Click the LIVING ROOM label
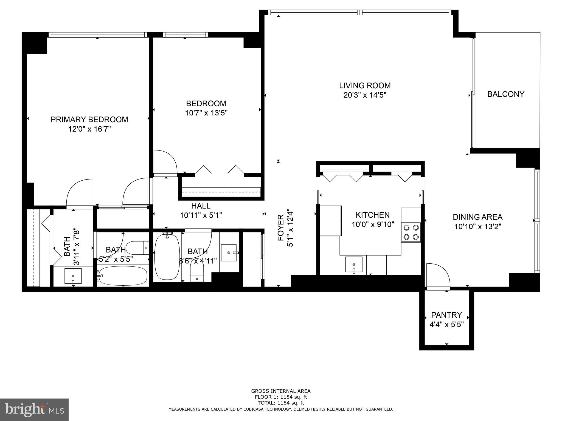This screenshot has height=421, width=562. tap(365, 86)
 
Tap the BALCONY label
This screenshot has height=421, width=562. tap(505, 94)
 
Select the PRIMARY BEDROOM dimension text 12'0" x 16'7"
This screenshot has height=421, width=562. tap(89, 129)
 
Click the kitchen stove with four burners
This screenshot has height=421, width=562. tap(411, 232)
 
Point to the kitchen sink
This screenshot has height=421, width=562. tap(354, 265)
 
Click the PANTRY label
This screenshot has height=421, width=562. tap(446, 315)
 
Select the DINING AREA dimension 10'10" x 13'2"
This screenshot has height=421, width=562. tap(477, 227)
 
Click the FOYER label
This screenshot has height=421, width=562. tap(280, 228)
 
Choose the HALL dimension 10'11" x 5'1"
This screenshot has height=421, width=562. tap(201, 215)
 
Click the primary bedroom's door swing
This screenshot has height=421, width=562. tap(80, 192)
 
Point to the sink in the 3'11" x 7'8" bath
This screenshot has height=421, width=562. tap(73, 276)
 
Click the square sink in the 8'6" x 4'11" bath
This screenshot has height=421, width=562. tap(229, 253)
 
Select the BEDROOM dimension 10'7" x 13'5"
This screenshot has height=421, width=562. tap(206, 113)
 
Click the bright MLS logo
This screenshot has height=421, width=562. tap(34, 409)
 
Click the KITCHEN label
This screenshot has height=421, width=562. tap(372, 215)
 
